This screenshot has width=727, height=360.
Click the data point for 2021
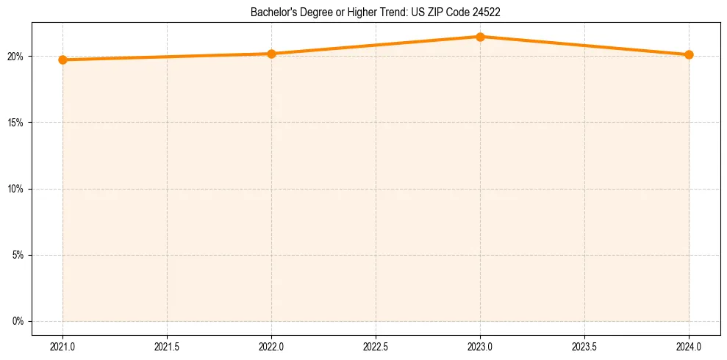63,60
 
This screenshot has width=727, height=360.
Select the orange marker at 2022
271,54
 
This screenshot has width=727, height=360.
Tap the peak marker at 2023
480,37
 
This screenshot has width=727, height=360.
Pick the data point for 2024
689,54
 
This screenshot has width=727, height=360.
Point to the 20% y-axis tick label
15,57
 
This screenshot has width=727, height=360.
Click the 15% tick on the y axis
15,123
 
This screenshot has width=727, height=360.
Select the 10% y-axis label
15,189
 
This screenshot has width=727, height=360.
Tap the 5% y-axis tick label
18,255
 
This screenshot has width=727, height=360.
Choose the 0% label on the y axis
18,321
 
